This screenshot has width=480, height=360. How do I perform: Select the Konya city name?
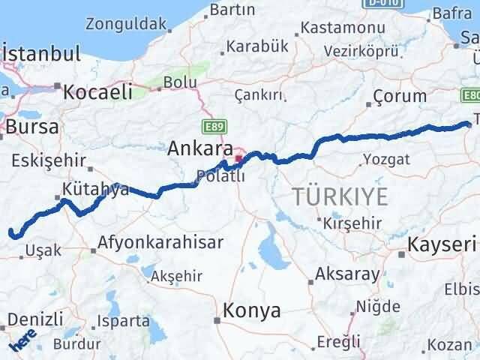pyautogui.click(x=252, y=310)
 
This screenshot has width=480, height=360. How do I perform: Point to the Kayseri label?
pyautogui.click(x=442, y=244)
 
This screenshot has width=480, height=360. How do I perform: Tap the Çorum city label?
pyautogui.click(x=400, y=96)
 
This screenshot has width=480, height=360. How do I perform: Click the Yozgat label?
pyautogui.click(x=386, y=159)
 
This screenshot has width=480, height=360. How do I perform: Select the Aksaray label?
pyautogui.click(x=348, y=274)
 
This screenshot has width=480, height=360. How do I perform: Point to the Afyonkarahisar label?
pyautogui.click(x=161, y=243)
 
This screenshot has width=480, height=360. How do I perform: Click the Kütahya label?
pyautogui.click(x=96, y=189)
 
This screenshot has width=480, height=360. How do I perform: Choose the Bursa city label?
pyautogui.click(x=31, y=127)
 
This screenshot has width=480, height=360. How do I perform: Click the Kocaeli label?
pyautogui.click(x=97, y=92)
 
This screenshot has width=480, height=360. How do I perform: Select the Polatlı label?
pyautogui.click(x=220, y=177)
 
